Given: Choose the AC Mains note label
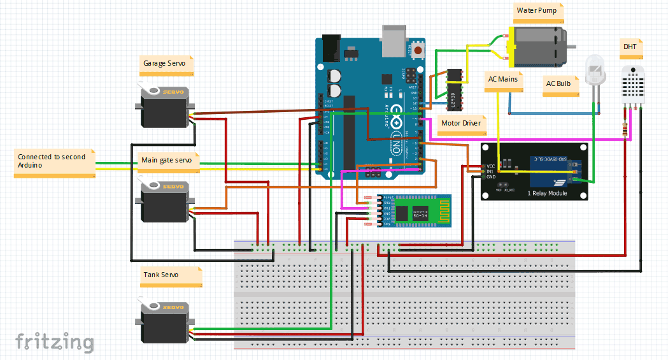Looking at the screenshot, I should pos(502,80).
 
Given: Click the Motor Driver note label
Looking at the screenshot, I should pos(461,123).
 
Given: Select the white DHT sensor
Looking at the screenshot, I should pos(634,83).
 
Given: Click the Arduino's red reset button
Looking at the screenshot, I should pos(418,50).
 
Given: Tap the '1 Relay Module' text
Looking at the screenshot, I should pos(547,192).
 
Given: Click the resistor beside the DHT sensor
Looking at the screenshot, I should pos(625,131).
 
